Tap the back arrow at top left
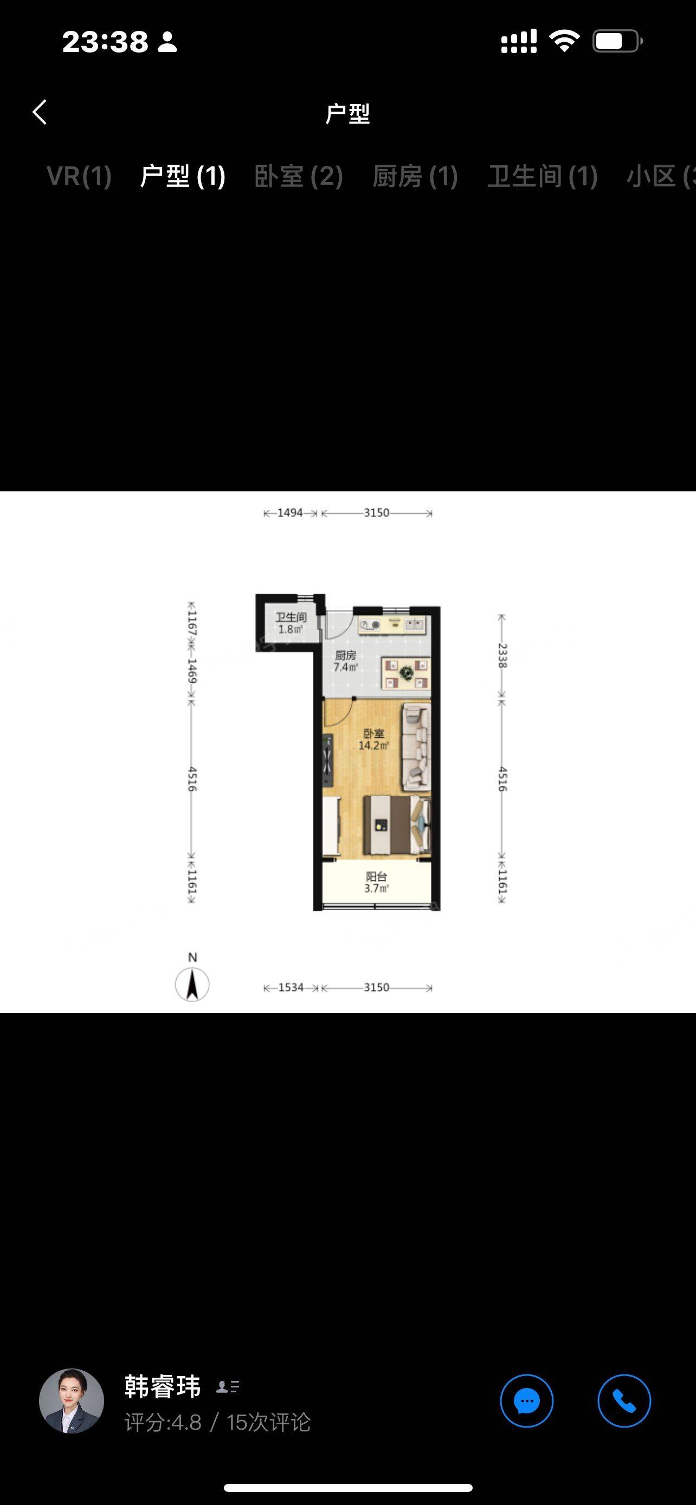(x=40, y=112)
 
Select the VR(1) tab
(x=79, y=176)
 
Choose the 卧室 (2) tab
(x=299, y=176)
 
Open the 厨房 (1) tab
(x=415, y=176)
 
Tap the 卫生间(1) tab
(x=542, y=176)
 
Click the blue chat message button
(x=526, y=1401)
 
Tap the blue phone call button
(x=624, y=1401)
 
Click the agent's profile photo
(x=72, y=1401)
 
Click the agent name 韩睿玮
(x=163, y=1386)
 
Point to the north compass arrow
(x=192, y=984)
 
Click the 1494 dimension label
(x=290, y=513)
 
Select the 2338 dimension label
(x=501, y=656)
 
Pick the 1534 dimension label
(x=291, y=988)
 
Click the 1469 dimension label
(x=192, y=671)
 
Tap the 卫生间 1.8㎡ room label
(x=291, y=624)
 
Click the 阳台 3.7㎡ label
(x=376, y=882)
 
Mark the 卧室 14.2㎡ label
(x=373, y=739)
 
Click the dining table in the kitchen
(x=406, y=673)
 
